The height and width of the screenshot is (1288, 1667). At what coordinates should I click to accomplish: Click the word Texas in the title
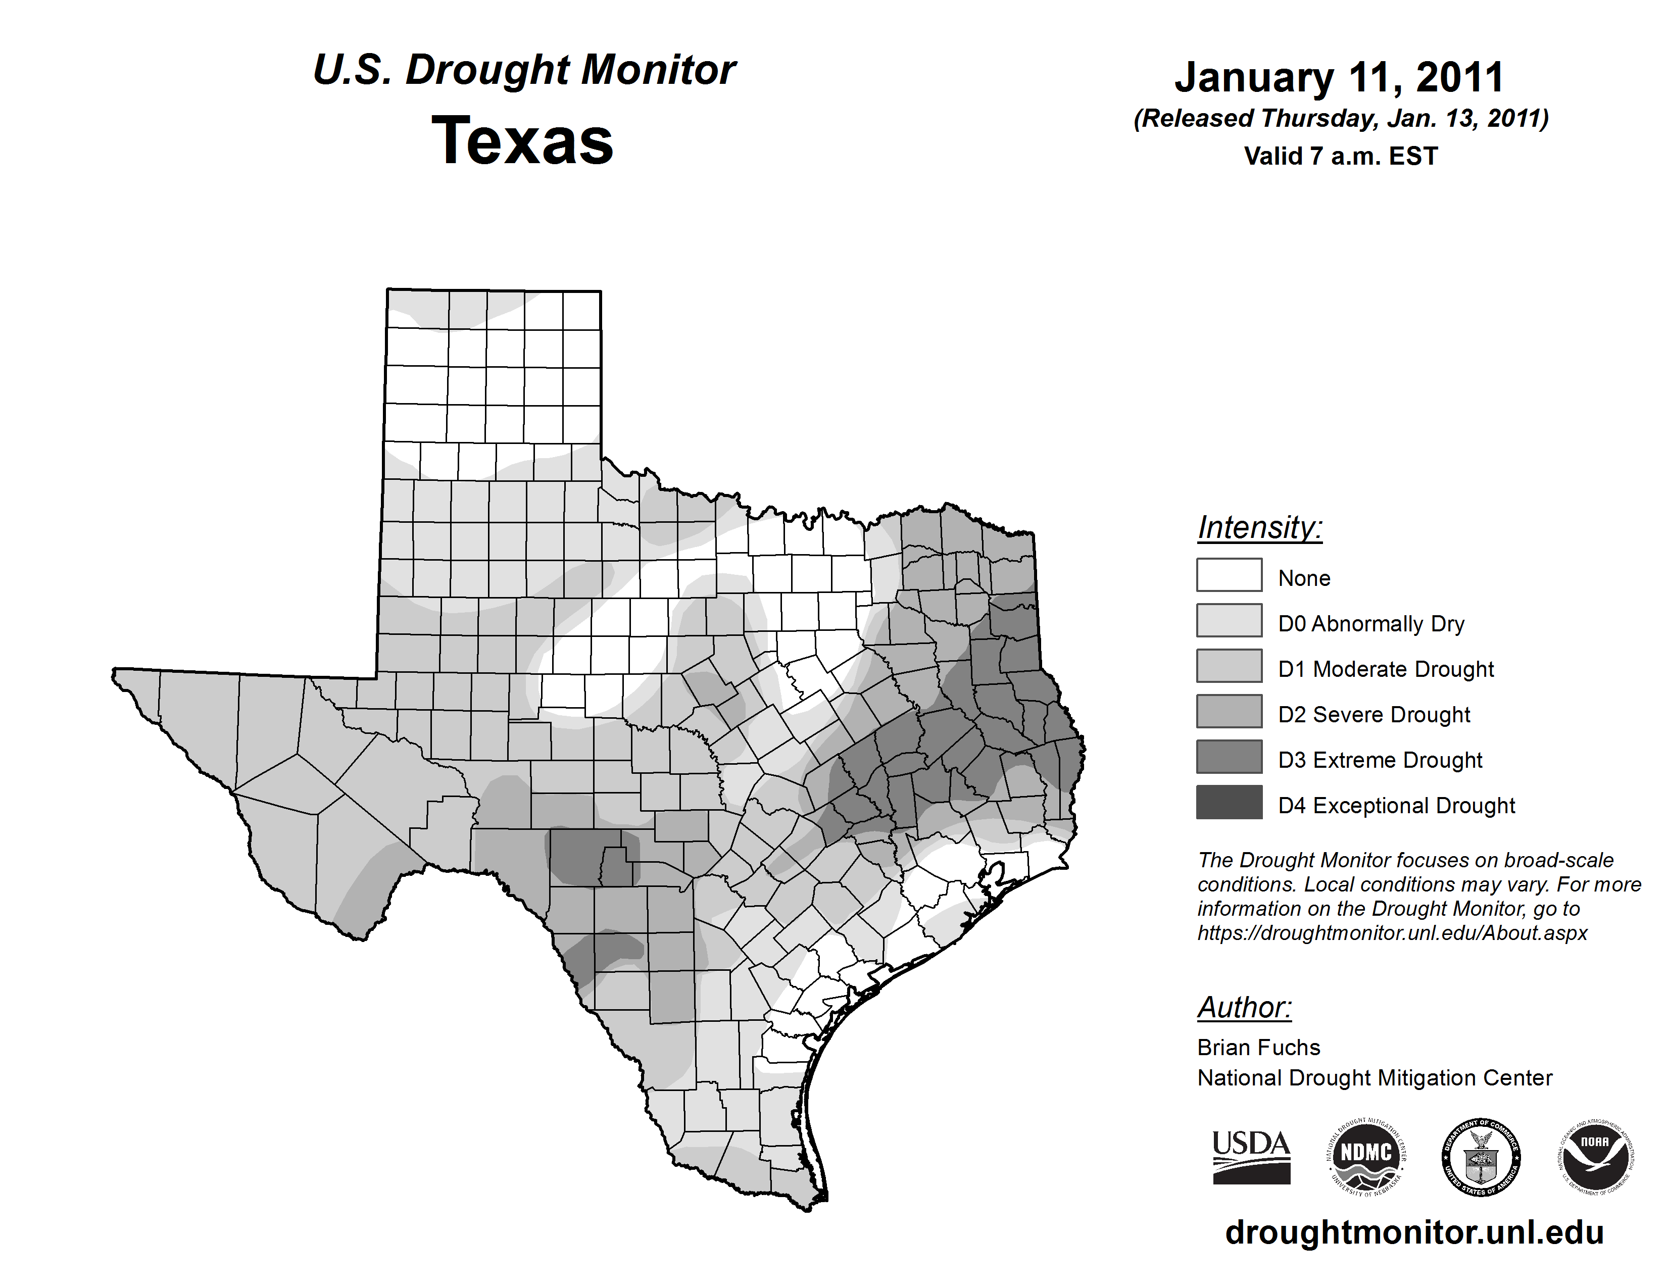coord(522,141)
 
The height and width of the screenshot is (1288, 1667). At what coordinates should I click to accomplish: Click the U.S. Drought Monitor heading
coord(524,70)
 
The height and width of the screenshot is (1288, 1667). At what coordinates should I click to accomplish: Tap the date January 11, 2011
coord(1340,77)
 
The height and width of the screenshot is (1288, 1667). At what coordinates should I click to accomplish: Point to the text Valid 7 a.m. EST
coord(1340,157)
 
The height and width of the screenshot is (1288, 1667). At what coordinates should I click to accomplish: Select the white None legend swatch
coord(1229,575)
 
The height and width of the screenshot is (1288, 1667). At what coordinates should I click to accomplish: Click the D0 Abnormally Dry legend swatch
coord(1229,620)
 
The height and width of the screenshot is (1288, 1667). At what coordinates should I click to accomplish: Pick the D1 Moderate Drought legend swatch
coord(1229,665)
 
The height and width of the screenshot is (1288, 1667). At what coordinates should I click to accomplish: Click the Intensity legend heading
coord(1259,527)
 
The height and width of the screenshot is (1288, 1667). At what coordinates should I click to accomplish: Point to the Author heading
coord(1244,1007)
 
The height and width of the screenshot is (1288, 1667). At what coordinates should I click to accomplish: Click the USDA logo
coord(1251,1157)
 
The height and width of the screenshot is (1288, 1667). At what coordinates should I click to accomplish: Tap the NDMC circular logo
coord(1366,1157)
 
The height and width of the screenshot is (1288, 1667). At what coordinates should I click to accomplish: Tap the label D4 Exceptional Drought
coord(1396,806)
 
